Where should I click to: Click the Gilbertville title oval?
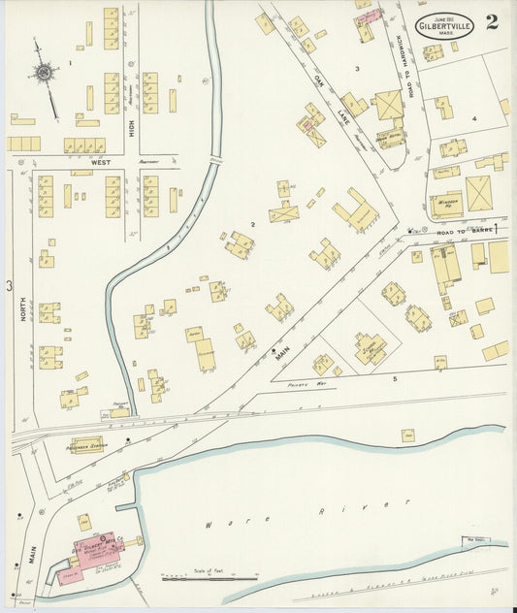coord(445,26)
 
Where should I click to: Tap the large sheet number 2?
coord(493,22)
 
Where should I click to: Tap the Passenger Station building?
coord(84,445)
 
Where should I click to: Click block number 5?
coord(395,377)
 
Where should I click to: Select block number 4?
coord(474,118)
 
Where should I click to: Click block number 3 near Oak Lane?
coord(357,69)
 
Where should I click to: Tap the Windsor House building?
coord(446,206)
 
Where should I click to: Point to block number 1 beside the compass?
coord(71,63)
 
